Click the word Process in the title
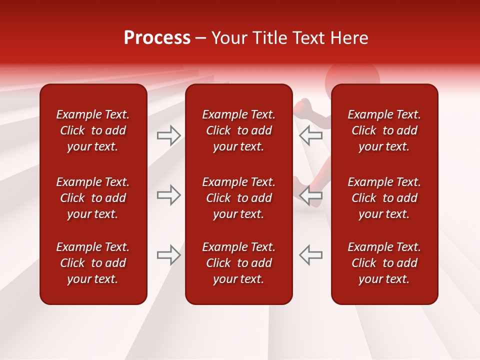[x=157, y=38]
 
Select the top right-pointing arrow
[x=169, y=135]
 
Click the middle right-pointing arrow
[x=169, y=195]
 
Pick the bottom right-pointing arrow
[x=169, y=255]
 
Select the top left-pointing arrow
[x=311, y=135]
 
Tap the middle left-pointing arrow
[x=311, y=195]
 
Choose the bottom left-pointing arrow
[x=311, y=255]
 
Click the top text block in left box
[x=93, y=130]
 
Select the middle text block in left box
[x=93, y=198]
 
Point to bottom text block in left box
[x=93, y=263]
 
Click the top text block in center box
[x=239, y=130]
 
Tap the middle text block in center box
[x=239, y=198]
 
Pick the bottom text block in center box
[x=239, y=263]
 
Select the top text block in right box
[x=384, y=130]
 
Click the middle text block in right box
[x=384, y=198]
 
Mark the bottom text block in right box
[x=384, y=263]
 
